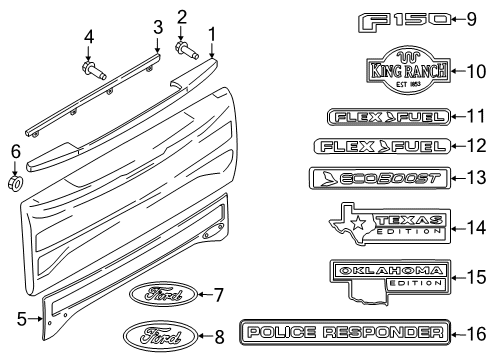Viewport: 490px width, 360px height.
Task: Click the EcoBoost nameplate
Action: (x=362, y=178)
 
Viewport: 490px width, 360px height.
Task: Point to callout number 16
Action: (x=473, y=332)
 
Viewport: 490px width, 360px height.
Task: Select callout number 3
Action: (x=156, y=27)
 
